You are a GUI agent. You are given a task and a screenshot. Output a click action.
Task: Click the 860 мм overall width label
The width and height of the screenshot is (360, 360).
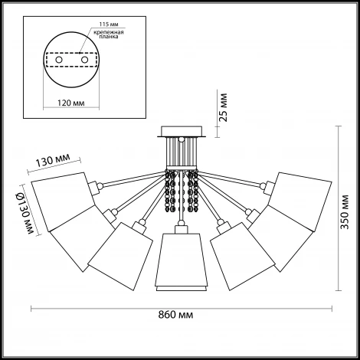click(x=175, y=315)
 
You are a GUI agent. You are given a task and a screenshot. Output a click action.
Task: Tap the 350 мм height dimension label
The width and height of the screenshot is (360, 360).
click(x=345, y=212)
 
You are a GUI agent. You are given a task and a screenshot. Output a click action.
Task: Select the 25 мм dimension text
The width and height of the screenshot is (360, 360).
click(x=224, y=107)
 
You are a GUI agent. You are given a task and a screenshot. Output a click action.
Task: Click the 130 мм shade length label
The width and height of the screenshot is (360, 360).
click(x=52, y=160)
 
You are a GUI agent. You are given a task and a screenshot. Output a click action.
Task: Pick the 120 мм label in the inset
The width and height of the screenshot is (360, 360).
click(x=71, y=103)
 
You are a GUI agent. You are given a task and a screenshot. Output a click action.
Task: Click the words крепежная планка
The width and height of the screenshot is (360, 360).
click(x=109, y=34)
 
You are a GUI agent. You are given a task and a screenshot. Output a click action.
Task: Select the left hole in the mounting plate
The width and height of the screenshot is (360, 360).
click(x=59, y=60)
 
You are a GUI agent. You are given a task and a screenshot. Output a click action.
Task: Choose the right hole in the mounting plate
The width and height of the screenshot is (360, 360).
click(x=84, y=60)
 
